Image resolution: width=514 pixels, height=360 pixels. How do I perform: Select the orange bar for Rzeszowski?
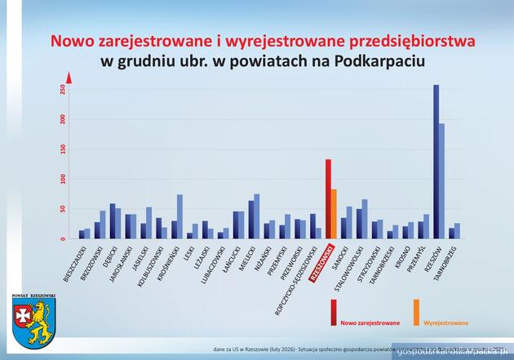(335, 213)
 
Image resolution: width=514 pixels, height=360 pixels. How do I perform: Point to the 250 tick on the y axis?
(61, 90)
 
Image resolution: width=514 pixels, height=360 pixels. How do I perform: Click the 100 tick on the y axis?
(61, 179)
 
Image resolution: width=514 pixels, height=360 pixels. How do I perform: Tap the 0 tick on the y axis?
(61, 238)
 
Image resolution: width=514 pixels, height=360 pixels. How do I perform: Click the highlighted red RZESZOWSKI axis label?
(323, 264)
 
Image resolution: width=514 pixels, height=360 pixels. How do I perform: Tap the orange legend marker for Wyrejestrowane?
(416, 312)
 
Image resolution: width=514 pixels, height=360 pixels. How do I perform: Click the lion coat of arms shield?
(33, 321)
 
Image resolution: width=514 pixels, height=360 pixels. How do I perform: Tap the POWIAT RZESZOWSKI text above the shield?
(33, 294)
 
